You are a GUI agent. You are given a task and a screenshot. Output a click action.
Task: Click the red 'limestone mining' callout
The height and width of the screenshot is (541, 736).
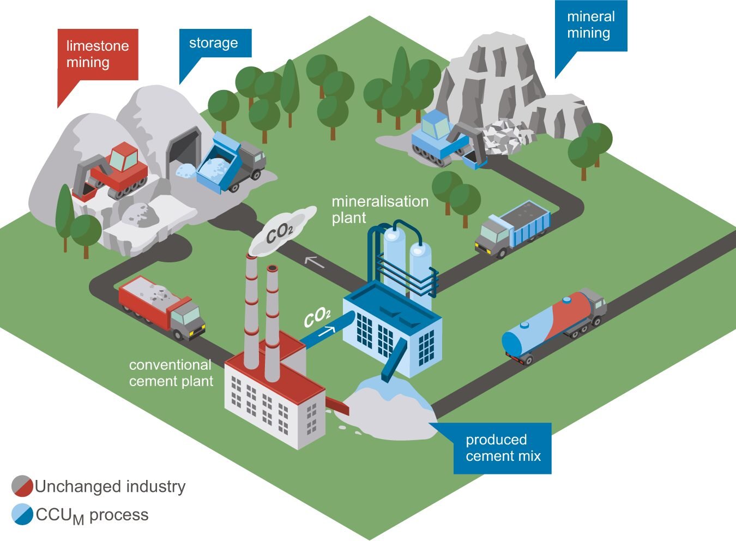98,55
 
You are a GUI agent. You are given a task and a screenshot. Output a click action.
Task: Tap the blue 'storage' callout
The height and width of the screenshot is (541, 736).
215,43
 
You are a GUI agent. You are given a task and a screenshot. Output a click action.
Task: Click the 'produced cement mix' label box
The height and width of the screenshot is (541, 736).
503,448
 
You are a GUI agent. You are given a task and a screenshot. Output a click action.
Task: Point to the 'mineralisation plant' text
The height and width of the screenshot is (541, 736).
380,209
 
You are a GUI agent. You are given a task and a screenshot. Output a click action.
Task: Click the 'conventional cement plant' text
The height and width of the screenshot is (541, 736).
171,373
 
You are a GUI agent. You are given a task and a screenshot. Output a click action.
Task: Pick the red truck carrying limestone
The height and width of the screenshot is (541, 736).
161,305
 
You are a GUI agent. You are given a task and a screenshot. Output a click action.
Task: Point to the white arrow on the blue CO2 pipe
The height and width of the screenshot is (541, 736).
327,330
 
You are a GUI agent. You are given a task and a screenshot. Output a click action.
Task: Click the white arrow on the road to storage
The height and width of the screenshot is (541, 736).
314,262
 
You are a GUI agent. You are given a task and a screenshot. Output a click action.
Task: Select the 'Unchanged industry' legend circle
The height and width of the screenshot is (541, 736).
22,486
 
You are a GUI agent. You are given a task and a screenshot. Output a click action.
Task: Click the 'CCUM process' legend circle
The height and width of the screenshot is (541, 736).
22,515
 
